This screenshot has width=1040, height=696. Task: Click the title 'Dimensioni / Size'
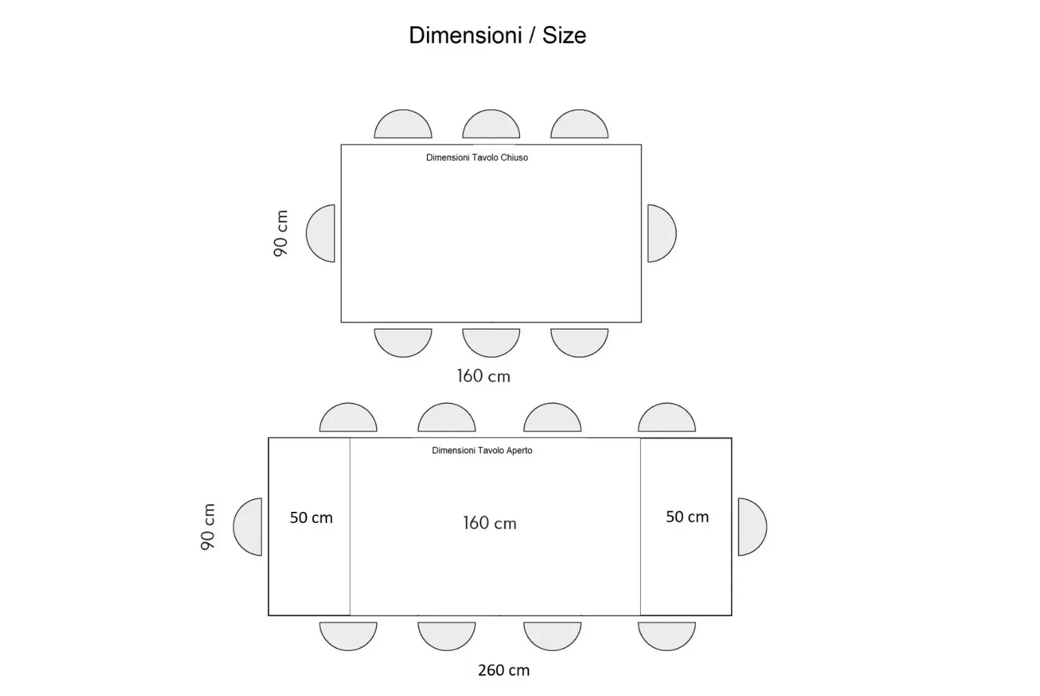pos(497,35)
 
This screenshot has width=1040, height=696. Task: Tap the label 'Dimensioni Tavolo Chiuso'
pos(477,157)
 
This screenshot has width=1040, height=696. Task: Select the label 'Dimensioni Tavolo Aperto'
pos(482,450)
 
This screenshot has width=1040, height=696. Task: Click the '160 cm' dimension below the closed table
pos(484,376)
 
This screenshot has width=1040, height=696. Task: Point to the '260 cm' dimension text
pos(504,670)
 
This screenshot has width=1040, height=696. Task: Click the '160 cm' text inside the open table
pos(489,523)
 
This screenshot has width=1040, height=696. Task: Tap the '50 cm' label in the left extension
pos(311,518)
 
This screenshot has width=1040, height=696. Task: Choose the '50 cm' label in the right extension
pos(687,516)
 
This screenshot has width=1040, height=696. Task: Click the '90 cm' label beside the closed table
pos(281,234)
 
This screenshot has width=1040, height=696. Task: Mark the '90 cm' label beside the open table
pos(208,527)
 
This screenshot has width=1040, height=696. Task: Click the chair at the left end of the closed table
pos(320,234)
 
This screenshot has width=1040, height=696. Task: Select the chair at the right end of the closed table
pos(662,234)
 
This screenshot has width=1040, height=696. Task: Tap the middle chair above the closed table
pos(491,124)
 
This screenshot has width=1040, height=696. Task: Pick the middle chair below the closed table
pos(491,343)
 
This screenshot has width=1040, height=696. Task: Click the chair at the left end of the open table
pos(248,527)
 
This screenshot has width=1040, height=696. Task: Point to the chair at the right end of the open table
pos(753,527)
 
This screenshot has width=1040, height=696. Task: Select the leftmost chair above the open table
pos(348,417)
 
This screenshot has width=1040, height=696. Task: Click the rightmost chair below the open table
pos(667,637)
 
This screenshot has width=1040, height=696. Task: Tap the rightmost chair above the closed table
pos(579,124)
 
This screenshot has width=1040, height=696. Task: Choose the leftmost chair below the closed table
pos(403,343)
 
